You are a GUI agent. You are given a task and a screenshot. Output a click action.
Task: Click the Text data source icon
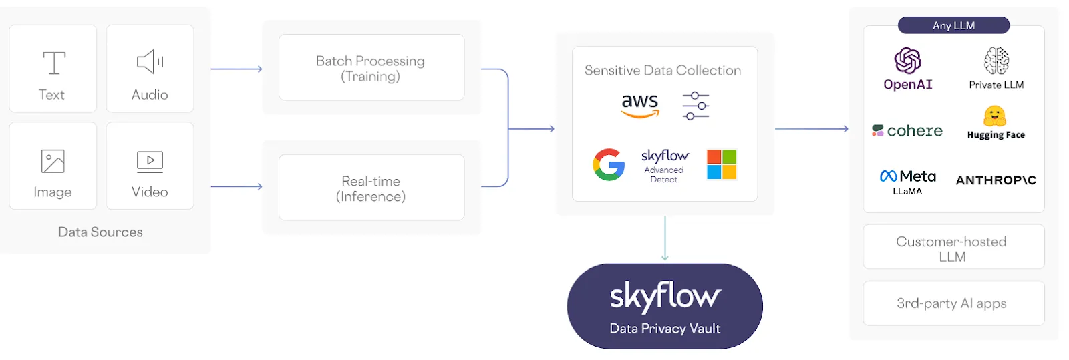[53, 63]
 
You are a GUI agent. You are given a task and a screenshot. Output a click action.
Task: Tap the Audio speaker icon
[150, 62]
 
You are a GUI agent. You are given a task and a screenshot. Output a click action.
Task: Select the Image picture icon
[53, 161]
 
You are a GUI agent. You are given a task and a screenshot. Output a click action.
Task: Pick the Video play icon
[150, 161]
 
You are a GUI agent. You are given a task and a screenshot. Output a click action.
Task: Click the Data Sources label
[100, 232]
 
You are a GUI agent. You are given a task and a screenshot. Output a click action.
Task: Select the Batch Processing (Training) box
[371, 68]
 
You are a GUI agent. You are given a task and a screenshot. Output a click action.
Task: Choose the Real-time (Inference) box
[371, 188]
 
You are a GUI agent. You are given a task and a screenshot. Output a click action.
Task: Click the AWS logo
[639, 105]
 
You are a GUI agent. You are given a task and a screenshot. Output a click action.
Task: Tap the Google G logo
[609, 164]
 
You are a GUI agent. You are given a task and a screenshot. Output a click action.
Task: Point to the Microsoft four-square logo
[722, 164]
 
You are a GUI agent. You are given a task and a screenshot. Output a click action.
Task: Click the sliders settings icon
[696, 106]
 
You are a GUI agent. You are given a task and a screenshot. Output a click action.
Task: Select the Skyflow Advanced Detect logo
[664, 164]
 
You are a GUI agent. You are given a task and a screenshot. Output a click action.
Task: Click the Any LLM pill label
[953, 25]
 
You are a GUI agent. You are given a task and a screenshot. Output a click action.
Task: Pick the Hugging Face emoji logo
[995, 116]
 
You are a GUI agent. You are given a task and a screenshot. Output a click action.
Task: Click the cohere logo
[907, 130]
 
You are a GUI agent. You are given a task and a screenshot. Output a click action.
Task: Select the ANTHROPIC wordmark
[996, 180]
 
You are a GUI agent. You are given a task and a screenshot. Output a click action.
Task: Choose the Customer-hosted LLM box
[953, 248]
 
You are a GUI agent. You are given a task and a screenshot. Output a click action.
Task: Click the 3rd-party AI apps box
[953, 303]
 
